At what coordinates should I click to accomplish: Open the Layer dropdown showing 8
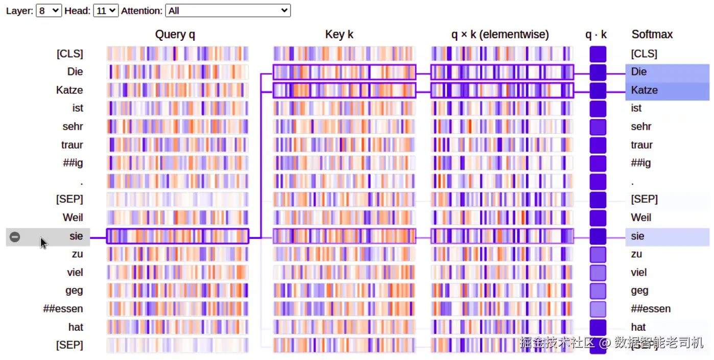tap(49, 10)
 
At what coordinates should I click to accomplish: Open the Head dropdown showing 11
tap(106, 10)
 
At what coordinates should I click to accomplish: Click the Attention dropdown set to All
tap(228, 10)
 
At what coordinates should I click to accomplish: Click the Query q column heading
tap(175, 35)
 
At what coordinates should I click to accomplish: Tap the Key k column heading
tap(339, 35)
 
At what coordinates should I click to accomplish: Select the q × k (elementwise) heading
tap(500, 35)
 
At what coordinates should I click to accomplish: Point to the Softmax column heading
tap(652, 35)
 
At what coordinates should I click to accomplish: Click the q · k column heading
tap(596, 35)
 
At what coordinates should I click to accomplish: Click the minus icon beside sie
tap(15, 236)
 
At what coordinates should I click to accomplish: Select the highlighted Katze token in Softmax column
tap(645, 90)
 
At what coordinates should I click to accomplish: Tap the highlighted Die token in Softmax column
tap(639, 72)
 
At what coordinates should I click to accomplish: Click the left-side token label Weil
tap(73, 218)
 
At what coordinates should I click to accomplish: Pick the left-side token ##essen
tap(63, 309)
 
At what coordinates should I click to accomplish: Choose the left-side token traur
tap(72, 145)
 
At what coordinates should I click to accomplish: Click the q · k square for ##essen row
tap(598, 309)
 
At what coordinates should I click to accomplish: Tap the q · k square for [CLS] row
tap(598, 54)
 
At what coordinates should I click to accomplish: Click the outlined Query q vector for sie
tap(177, 236)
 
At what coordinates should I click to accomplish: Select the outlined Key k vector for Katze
tap(344, 90)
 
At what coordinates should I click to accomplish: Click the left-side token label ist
tap(78, 108)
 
